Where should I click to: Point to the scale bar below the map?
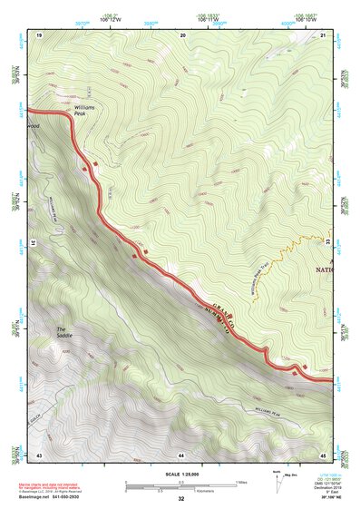click(180, 486)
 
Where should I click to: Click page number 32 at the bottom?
click(180, 499)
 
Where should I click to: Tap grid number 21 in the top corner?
click(323, 34)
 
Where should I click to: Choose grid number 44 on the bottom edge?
click(180, 453)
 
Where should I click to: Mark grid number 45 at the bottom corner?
click(323, 453)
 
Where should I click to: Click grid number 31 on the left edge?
click(28, 243)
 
